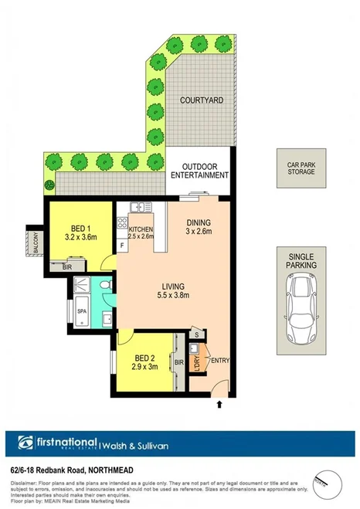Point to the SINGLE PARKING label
(301, 261)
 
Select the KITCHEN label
(140, 230)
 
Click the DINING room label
(198, 223)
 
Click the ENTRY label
(219, 360)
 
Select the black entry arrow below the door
(222, 403)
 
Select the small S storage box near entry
(198, 333)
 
